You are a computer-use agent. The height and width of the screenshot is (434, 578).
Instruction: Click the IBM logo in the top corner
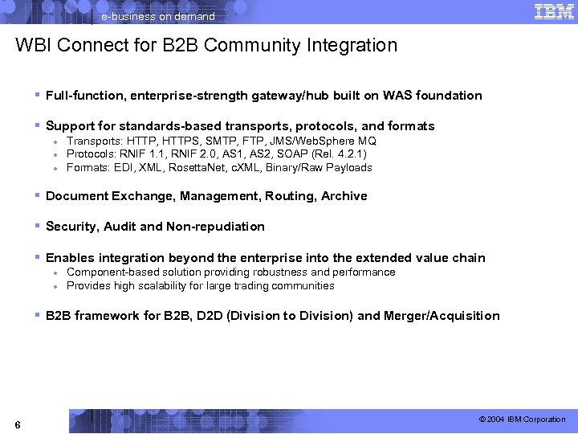point(553,11)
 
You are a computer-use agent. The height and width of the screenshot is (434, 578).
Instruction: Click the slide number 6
point(18,424)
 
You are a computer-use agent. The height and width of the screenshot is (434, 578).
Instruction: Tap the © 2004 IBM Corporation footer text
point(522,420)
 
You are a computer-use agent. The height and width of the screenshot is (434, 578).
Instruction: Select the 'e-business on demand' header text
point(157,16)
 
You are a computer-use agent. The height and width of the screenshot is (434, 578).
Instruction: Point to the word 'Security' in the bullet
point(71,227)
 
